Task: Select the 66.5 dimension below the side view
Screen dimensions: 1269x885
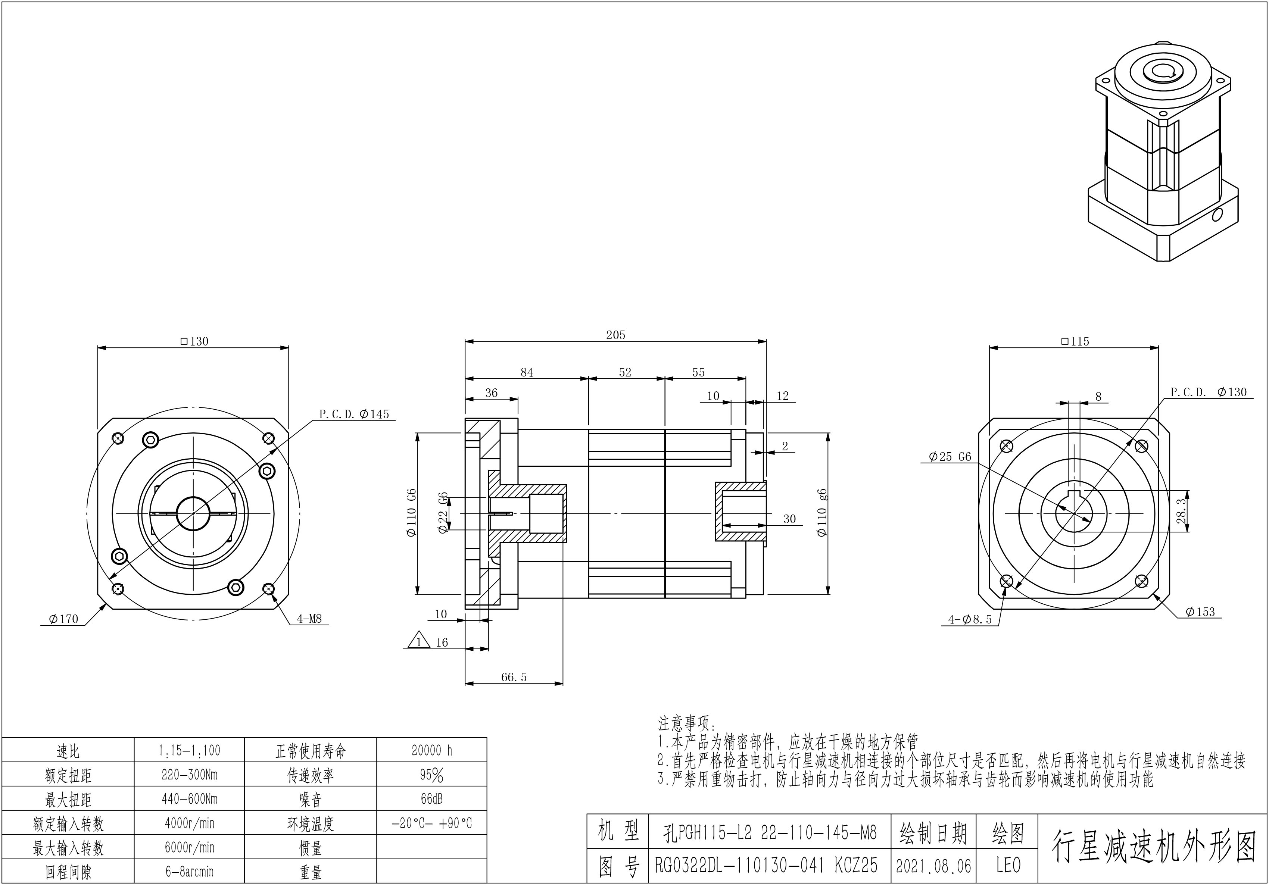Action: pyautogui.click(x=514, y=677)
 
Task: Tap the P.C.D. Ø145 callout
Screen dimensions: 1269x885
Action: pyautogui.click(x=354, y=414)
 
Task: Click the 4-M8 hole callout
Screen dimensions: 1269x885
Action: pyautogui.click(x=309, y=619)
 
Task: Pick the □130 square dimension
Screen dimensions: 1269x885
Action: pyautogui.click(x=194, y=341)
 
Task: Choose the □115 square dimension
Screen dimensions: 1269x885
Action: pyautogui.click(x=1075, y=341)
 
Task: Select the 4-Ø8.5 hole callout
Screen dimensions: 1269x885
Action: pyautogui.click(x=970, y=619)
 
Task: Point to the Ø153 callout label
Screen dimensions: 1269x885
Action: pyautogui.click(x=1200, y=612)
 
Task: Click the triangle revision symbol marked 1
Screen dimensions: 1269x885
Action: pyautogui.click(x=419, y=640)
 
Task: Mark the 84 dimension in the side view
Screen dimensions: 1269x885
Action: pyautogui.click(x=527, y=372)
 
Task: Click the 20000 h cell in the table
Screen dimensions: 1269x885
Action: pyautogui.click(x=432, y=750)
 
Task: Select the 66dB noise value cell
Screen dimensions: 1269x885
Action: pyautogui.click(x=432, y=799)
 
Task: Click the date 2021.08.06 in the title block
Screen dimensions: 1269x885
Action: pyautogui.click(x=933, y=866)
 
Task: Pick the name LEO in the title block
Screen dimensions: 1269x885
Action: pyautogui.click(x=1008, y=866)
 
